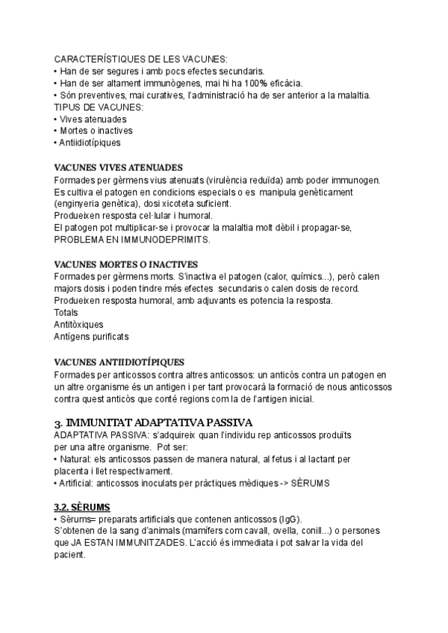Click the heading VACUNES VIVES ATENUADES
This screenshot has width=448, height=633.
pos(119,167)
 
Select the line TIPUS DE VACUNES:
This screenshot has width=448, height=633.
pos(99,107)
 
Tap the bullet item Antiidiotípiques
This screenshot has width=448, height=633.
pos(90,143)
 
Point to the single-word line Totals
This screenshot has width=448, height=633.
pos(66,312)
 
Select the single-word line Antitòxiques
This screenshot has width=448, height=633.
pos(78,324)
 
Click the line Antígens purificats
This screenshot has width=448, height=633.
pos(91,337)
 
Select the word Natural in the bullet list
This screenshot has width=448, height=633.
pos(74,458)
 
